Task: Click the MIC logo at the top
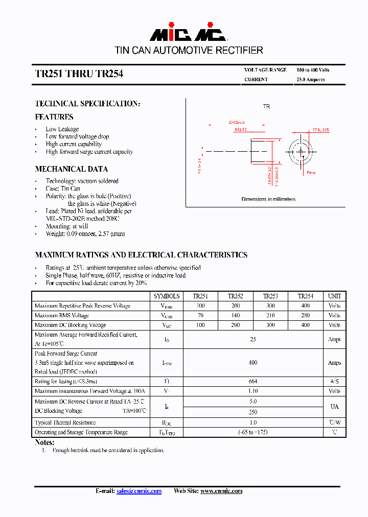point(188,34)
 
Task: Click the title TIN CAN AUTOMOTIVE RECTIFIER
point(189,51)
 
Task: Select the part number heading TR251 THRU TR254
point(79,74)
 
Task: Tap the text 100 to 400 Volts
point(313,69)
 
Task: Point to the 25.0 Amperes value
point(310,80)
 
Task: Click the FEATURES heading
point(54,117)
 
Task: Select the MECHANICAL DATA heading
point(71,169)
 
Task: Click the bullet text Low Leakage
point(62,129)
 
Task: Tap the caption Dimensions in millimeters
point(268,199)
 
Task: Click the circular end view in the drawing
point(300,151)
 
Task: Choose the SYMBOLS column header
point(167,296)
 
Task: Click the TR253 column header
point(270,296)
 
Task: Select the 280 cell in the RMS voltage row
point(306,316)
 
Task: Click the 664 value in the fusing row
point(252,382)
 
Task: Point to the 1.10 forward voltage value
point(252,391)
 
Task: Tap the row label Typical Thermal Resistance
point(65,423)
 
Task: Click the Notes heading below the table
point(44,442)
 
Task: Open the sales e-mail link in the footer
point(139,491)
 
